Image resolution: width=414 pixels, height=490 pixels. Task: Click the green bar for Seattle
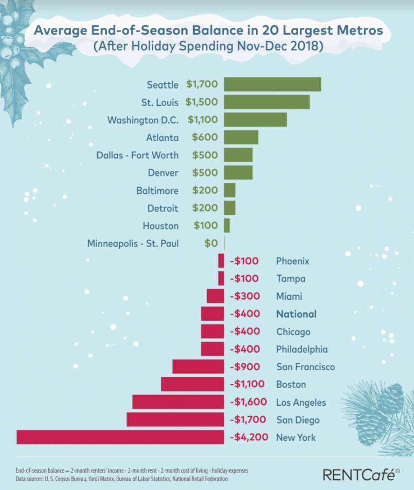pos(272,84)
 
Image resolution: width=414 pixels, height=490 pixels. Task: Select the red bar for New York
pos(120,437)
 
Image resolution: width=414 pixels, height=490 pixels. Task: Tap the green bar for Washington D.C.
pos(255,120)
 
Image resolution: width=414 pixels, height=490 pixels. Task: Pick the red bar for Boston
pos(192,384)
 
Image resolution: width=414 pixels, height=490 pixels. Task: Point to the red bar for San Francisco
pos(198,367)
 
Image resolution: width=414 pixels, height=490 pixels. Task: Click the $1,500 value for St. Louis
pos(202,102)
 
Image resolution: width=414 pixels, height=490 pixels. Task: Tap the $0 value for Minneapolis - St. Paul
pos(211,243)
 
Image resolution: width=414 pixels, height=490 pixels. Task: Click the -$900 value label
pos(245,367)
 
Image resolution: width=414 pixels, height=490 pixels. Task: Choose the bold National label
pos(296,314)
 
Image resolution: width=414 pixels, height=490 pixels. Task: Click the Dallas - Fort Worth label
pos(137,155)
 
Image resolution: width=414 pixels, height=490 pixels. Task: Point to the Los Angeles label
pos(301,402)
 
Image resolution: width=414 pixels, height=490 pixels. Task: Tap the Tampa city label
pos(291,278)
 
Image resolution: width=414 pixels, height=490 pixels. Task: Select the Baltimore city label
pos(157,190)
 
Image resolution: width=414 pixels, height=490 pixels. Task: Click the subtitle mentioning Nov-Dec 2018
pos(207,48)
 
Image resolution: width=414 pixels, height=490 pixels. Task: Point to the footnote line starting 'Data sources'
pos(122,478)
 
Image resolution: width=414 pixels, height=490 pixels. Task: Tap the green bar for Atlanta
pos(241,137)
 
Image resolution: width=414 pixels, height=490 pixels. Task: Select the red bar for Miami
pos(215,296)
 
